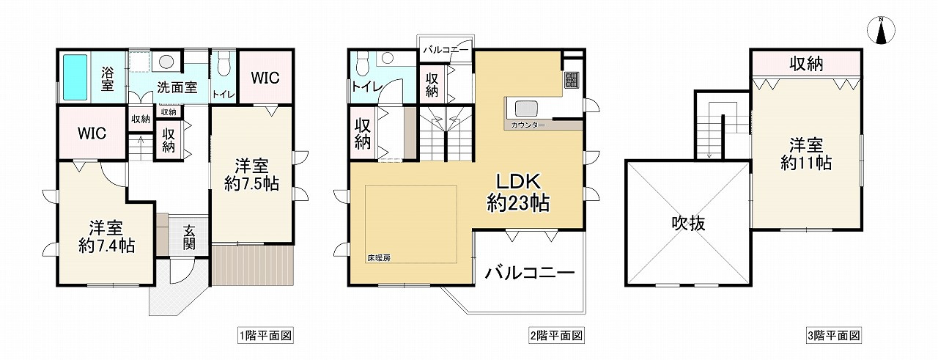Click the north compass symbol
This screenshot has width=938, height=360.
click(882, 30)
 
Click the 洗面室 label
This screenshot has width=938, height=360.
click(177, 87)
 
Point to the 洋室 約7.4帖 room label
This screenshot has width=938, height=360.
click(106, 236)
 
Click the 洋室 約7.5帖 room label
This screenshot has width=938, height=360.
click(251, 175)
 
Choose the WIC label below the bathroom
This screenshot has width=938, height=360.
click(92, 133)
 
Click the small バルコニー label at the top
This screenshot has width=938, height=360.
click(446, 51)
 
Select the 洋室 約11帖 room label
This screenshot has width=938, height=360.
click(805, 153)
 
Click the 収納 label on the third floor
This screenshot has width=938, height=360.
click(805, 64)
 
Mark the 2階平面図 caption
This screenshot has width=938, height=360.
click(556, 336)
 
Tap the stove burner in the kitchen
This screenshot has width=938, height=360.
click(572, 79)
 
